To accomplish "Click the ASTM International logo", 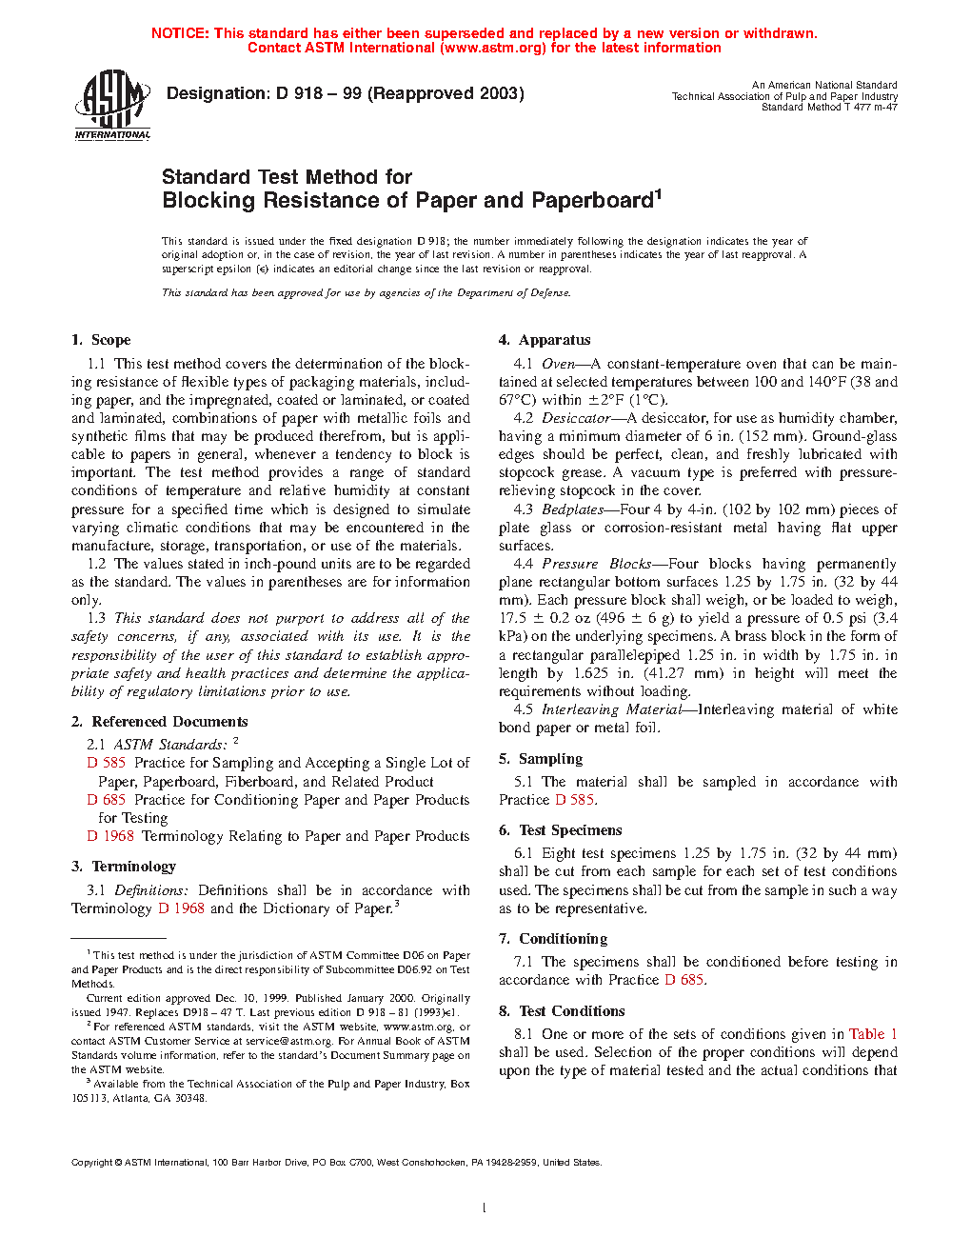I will point(112,106).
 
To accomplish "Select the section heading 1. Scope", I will point(101,340).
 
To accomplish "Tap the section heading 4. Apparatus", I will point(545,340).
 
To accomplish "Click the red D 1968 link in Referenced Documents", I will point(110,836).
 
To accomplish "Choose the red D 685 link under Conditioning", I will point(684,980).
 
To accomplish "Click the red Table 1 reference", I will point(873,1034).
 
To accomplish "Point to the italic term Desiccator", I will point(576,418).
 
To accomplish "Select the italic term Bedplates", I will point(572,509).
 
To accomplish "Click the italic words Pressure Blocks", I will point(596,564).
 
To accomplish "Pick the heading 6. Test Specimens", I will point(560,830).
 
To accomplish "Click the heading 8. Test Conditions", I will point(562,1011).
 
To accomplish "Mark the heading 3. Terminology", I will point(124,867).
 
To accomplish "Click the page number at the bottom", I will point(485,1208).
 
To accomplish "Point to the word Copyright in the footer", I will point(92,1162).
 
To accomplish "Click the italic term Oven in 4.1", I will point(558,364).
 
